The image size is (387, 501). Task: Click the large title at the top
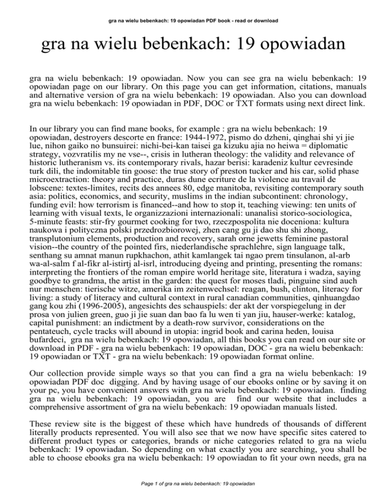coord(193,48)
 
